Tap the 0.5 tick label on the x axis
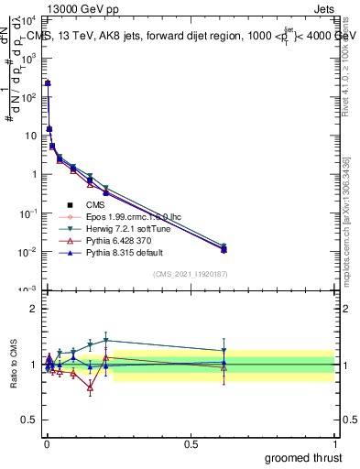tap(191, 443)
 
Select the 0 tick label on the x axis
tap(46, 443)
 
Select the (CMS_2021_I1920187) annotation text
tap(191, 275)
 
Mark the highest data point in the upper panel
tap(48, 83)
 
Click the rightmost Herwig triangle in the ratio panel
tap(224, 351)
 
